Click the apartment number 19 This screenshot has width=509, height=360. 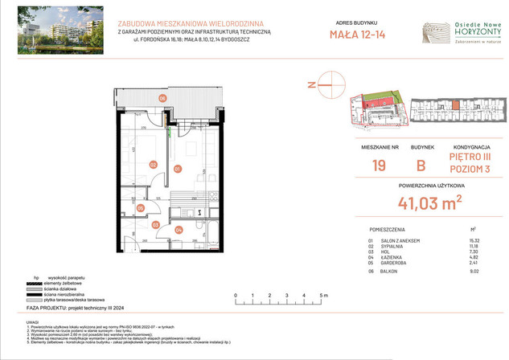click(380, 166)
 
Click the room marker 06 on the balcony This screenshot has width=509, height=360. click(162, 98)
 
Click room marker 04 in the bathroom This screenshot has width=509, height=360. click(179, 231)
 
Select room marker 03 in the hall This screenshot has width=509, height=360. click(156, 226)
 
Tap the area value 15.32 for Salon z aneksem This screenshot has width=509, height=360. click(473, 241)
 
